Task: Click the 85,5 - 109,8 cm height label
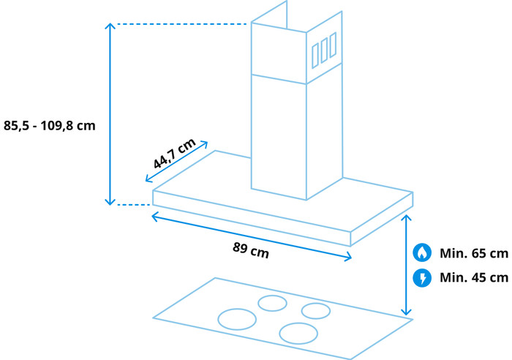click(49, 126)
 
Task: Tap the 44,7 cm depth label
click(174, 153)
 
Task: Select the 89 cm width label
click(251, 250)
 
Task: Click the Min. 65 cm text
click(474, 253)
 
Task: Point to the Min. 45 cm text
click(474, 277)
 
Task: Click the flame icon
click(422, 252)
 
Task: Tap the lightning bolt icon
click(422, 278)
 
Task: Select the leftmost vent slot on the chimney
click(315, 56)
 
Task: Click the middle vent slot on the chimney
click(324, 50)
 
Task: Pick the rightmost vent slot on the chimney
click(333, 45)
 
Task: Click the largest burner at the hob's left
click(237, 319)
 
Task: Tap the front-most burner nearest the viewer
click(298, 333)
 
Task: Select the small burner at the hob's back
click(272, 303)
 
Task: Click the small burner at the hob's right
click(316, 311)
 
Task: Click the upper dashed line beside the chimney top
click(182, 24)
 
